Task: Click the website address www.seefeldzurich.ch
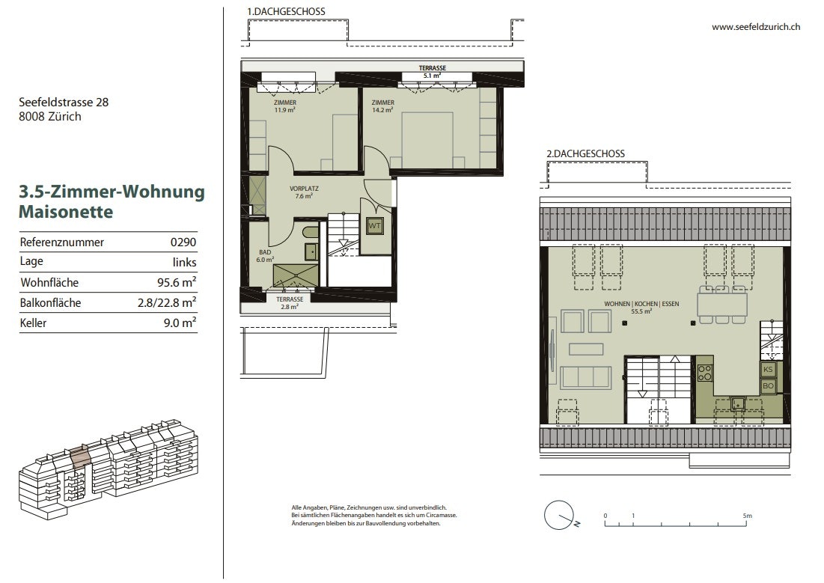(x=756, y=27)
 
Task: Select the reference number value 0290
(x=183, y=242)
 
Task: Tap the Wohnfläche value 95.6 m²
(x=177, y=282)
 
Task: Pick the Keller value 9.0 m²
(x=180, y=323)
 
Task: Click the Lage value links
(x=184, y=263)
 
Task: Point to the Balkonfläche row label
(x=50, y=303)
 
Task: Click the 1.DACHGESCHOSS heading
(x=287, y=11)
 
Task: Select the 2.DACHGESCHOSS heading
(x=585, y=154)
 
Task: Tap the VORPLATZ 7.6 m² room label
(x=304, y=192)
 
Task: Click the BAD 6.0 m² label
(x=265, y=256)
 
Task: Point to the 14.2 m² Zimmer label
(x=382, y=106)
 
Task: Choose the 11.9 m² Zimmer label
(x=285, y=106)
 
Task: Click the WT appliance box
(x=374, y=226)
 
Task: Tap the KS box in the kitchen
(x=768, y=369)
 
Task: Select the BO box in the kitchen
(x=768, y=386)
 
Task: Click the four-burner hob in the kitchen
(x=705, y=373)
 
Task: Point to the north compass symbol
(x=561, y=515)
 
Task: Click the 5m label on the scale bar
(x=747, y=516)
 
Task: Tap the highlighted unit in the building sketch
(x=79, y=457)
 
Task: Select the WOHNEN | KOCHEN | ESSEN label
(x=641, y=304)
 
